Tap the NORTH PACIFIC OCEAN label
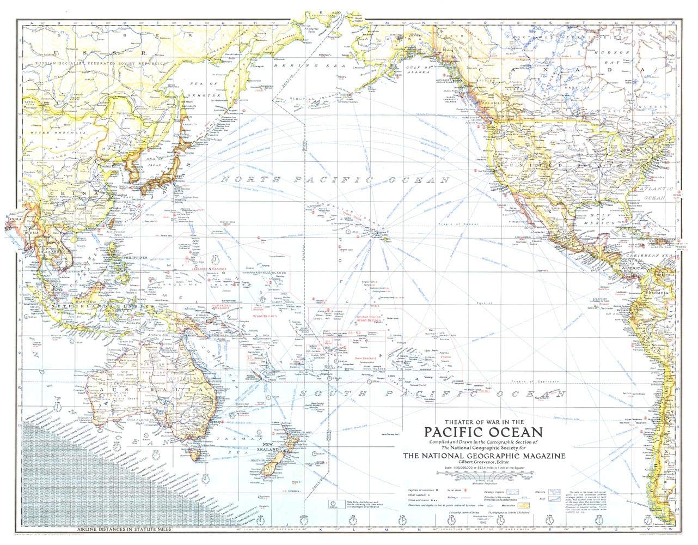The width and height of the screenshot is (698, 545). coord(333,180)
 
